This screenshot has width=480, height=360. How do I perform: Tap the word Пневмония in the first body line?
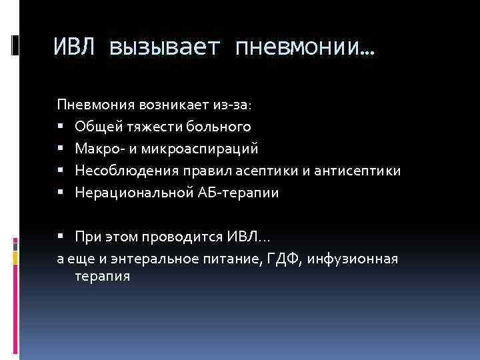coord(95,105)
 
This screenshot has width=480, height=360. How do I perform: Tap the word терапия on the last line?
coord(103,275)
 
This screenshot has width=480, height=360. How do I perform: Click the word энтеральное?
coord(139,259)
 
